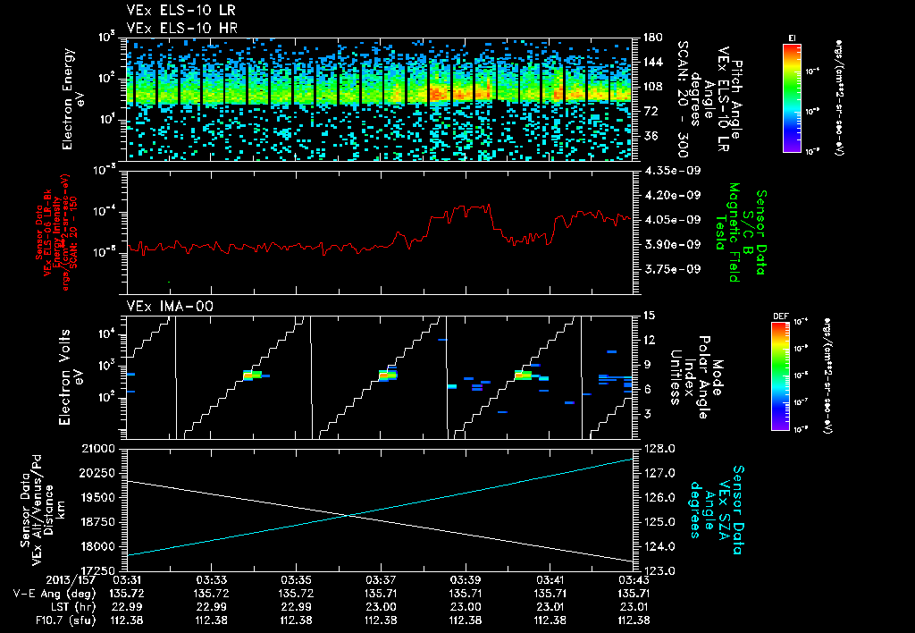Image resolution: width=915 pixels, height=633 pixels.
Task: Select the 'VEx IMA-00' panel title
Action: coord(163,307)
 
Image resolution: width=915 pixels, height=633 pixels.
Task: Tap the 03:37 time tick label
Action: coord(381,579)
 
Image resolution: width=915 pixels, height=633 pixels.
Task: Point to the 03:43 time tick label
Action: coord(634,579)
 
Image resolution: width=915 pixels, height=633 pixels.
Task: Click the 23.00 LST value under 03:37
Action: coord(381,606)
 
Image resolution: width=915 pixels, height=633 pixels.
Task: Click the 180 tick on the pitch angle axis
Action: coord(651,38)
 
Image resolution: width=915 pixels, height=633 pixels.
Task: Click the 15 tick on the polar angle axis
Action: coord(649,316)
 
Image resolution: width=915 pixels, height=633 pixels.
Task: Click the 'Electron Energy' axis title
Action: coord(69,98)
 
